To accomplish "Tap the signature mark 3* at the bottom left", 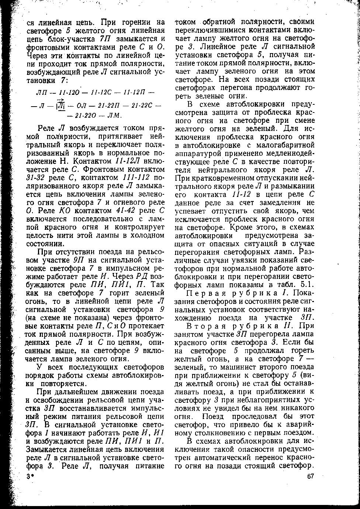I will (30, 476).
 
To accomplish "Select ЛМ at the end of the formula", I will (114, 115).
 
